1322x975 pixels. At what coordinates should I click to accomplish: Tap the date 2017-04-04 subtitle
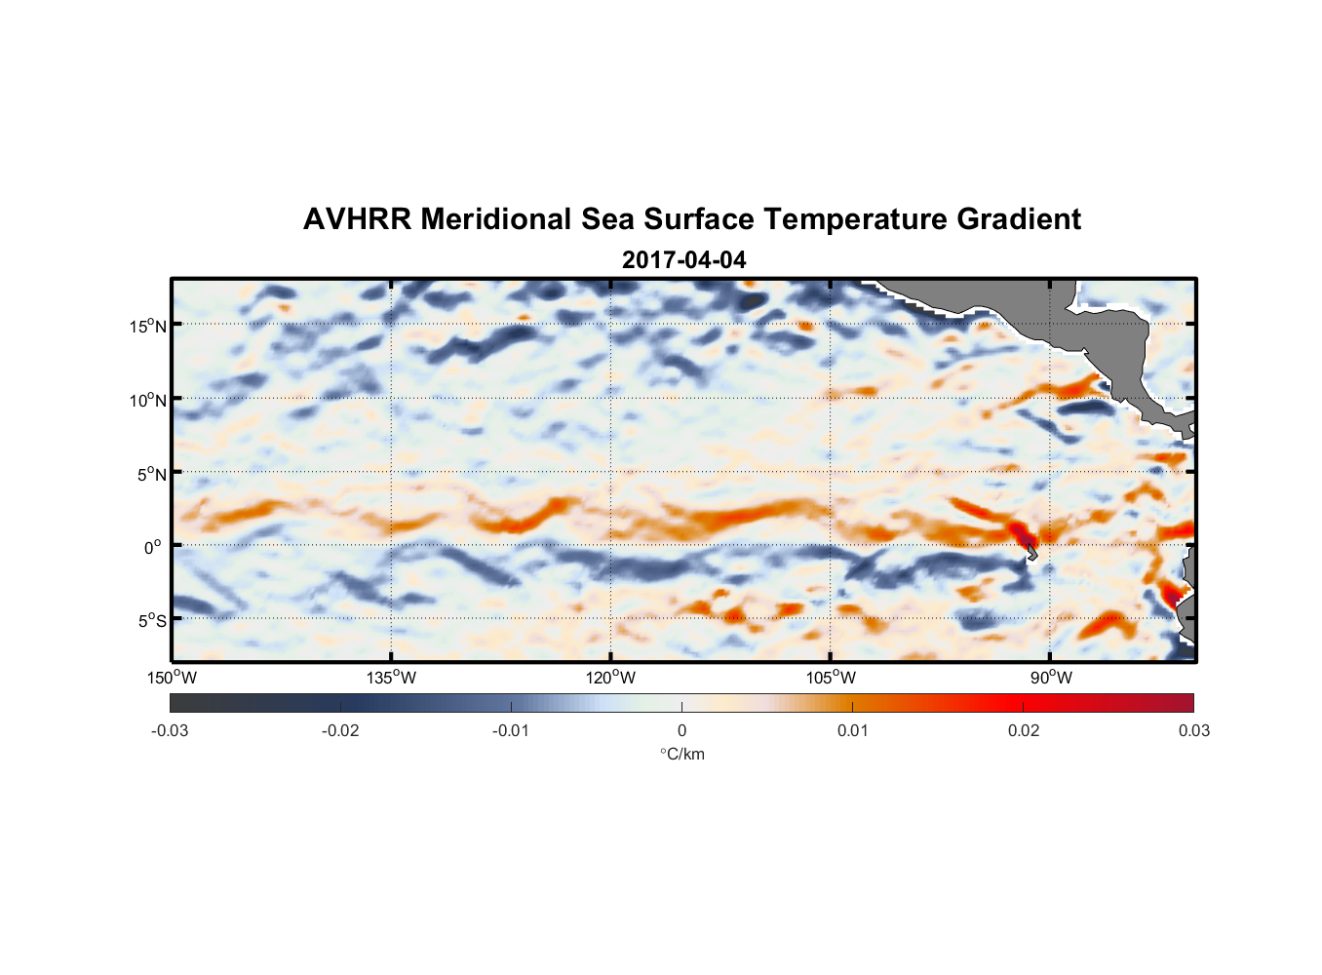pyautogui.click(x=683, y=260)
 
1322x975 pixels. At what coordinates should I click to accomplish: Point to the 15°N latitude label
pyautogui.click(x=148, y=326)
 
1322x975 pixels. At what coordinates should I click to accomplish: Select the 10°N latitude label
pyautogui.click(x=148, y=400)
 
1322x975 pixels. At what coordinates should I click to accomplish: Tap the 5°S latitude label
pyautogui.click(x=151, y=621)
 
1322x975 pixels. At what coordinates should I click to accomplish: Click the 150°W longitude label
pyautogui.click(x=172, y=678)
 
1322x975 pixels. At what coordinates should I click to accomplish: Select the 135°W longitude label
pyautogui.click(x=391, y=678)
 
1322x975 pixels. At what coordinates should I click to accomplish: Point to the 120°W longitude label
pyautogui.click(x=611, y=678)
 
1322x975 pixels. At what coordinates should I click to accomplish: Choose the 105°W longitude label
pyautogui.click(x=831, y=678)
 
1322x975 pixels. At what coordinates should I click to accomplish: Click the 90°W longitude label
pyautogui.click(x=1051, y=678)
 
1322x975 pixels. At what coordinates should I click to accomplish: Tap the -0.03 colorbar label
pyautogui.click(x=170, y=730)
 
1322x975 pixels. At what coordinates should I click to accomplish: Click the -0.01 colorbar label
pyautogui.click(x=511, y=730)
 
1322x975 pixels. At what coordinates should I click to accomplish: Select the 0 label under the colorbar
pyautogui.click(x=681, y=730)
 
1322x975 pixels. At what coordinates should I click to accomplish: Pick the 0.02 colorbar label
pyautogui.click(x=1024, y=730)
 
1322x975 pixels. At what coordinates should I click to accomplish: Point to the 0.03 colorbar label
pyautogui.click(x=1193, y=730)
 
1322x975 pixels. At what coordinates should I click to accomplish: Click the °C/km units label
pyautogui.click(x=682, y=754)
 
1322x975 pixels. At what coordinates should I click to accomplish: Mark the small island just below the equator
pyautogui.click(x=1031, y=553)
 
